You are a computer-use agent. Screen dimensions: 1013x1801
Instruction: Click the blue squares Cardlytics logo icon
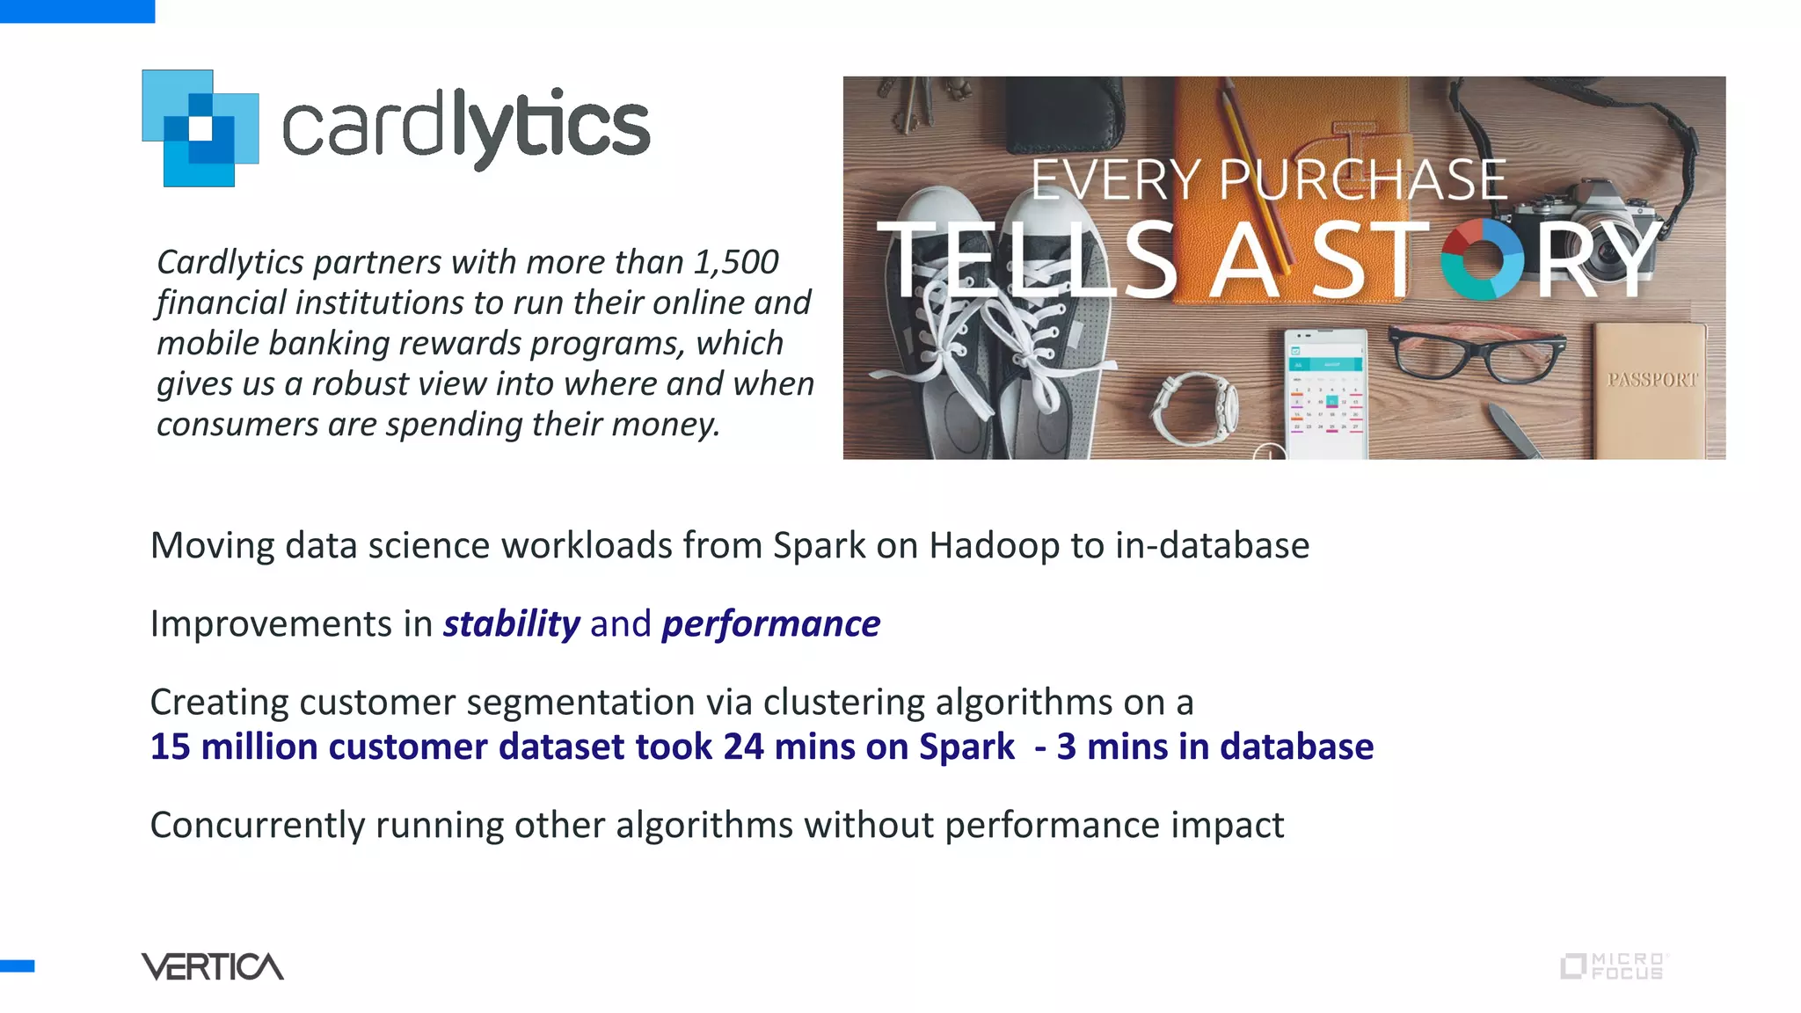(201, 128)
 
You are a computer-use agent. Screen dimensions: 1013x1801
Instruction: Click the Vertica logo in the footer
(213, 966)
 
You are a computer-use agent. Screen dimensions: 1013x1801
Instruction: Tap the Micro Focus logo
(1615, 966)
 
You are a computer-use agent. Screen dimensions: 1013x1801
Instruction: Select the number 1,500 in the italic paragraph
(735, 262)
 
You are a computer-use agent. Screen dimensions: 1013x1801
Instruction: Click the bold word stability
(511, 624)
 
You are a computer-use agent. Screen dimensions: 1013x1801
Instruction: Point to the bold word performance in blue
(770, 624)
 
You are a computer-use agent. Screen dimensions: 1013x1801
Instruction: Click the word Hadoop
(994, 546)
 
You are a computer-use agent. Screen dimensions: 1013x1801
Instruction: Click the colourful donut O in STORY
(1483, 259)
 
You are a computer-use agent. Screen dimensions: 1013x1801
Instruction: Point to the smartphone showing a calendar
(1326, 393)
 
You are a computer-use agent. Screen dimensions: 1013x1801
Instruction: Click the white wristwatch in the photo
(1196, 409)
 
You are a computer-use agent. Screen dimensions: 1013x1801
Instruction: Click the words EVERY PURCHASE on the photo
(1268, 180)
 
